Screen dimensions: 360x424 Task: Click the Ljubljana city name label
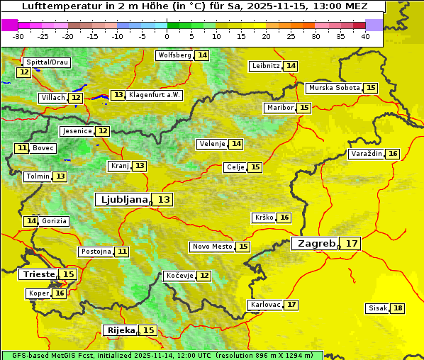123,199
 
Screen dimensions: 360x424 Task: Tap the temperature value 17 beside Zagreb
352,243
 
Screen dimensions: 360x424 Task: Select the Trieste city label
38,274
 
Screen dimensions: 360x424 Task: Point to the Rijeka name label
120,330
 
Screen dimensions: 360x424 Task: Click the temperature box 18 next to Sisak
398,308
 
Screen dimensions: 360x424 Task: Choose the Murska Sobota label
334,88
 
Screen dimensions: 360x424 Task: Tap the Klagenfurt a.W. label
155,95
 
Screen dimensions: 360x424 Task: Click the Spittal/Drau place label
46,62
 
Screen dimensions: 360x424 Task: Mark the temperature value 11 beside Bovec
22,148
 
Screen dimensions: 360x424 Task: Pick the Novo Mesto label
212,247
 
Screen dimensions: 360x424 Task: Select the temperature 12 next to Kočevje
203,275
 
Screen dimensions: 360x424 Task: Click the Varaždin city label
366,154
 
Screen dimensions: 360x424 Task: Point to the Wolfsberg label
174,55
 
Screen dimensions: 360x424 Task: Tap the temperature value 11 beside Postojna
122,252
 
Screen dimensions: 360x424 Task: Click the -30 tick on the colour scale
18,35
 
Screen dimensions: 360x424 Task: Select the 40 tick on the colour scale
364,35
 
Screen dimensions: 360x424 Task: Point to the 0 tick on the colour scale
167,35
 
